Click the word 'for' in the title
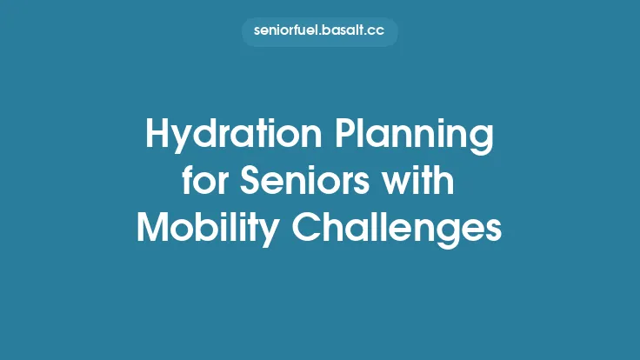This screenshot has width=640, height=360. click(x=201, y=183)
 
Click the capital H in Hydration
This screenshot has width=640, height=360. click(x=157, y=137)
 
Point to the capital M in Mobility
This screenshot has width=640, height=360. click(x=153, y=228)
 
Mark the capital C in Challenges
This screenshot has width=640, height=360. click(x=310, y=228)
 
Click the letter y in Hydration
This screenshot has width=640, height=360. click(x=184, y=141)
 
